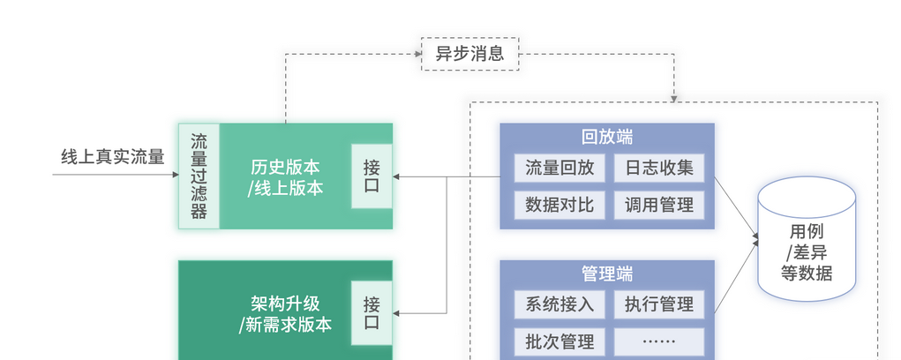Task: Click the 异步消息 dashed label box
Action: pyautogui.click(x=469, y=54)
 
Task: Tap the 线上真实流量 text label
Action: pyautogui.click(x=112, y=157)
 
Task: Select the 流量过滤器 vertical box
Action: pyautogui.click(x=199, y=176)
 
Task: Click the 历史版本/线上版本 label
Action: pyautogui.click(x=285, y=176)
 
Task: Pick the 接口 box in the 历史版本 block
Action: pyautogui.click(x=372, y=176)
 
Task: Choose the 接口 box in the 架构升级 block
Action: pyautogui.click(x=372, y=313)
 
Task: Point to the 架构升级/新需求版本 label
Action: pyautogui.click(x=285, y=314)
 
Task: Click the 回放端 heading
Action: pyautogui.click(x=606, y=138)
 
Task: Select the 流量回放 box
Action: pyautogui.click(x=559, y=168)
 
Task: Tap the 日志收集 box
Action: pyautogui.click(x=659, y=168)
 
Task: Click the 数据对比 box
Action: pyautogui.click(x=559, y=205)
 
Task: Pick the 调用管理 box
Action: pyautogui.click(x=659, y=205)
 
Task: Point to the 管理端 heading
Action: pyautogui.click(x=606, y=274)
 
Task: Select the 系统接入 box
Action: pyautogui.click(x=559, y=304)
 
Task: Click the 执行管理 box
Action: pyautogui.click(x=659, y=304)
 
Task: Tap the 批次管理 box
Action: pyautogui.click(x=559, y=341)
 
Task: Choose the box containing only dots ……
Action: pyautogui.click(x=659, y=341)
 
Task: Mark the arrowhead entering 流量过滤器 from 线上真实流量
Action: pyautogui.click(x=174, y=175)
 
